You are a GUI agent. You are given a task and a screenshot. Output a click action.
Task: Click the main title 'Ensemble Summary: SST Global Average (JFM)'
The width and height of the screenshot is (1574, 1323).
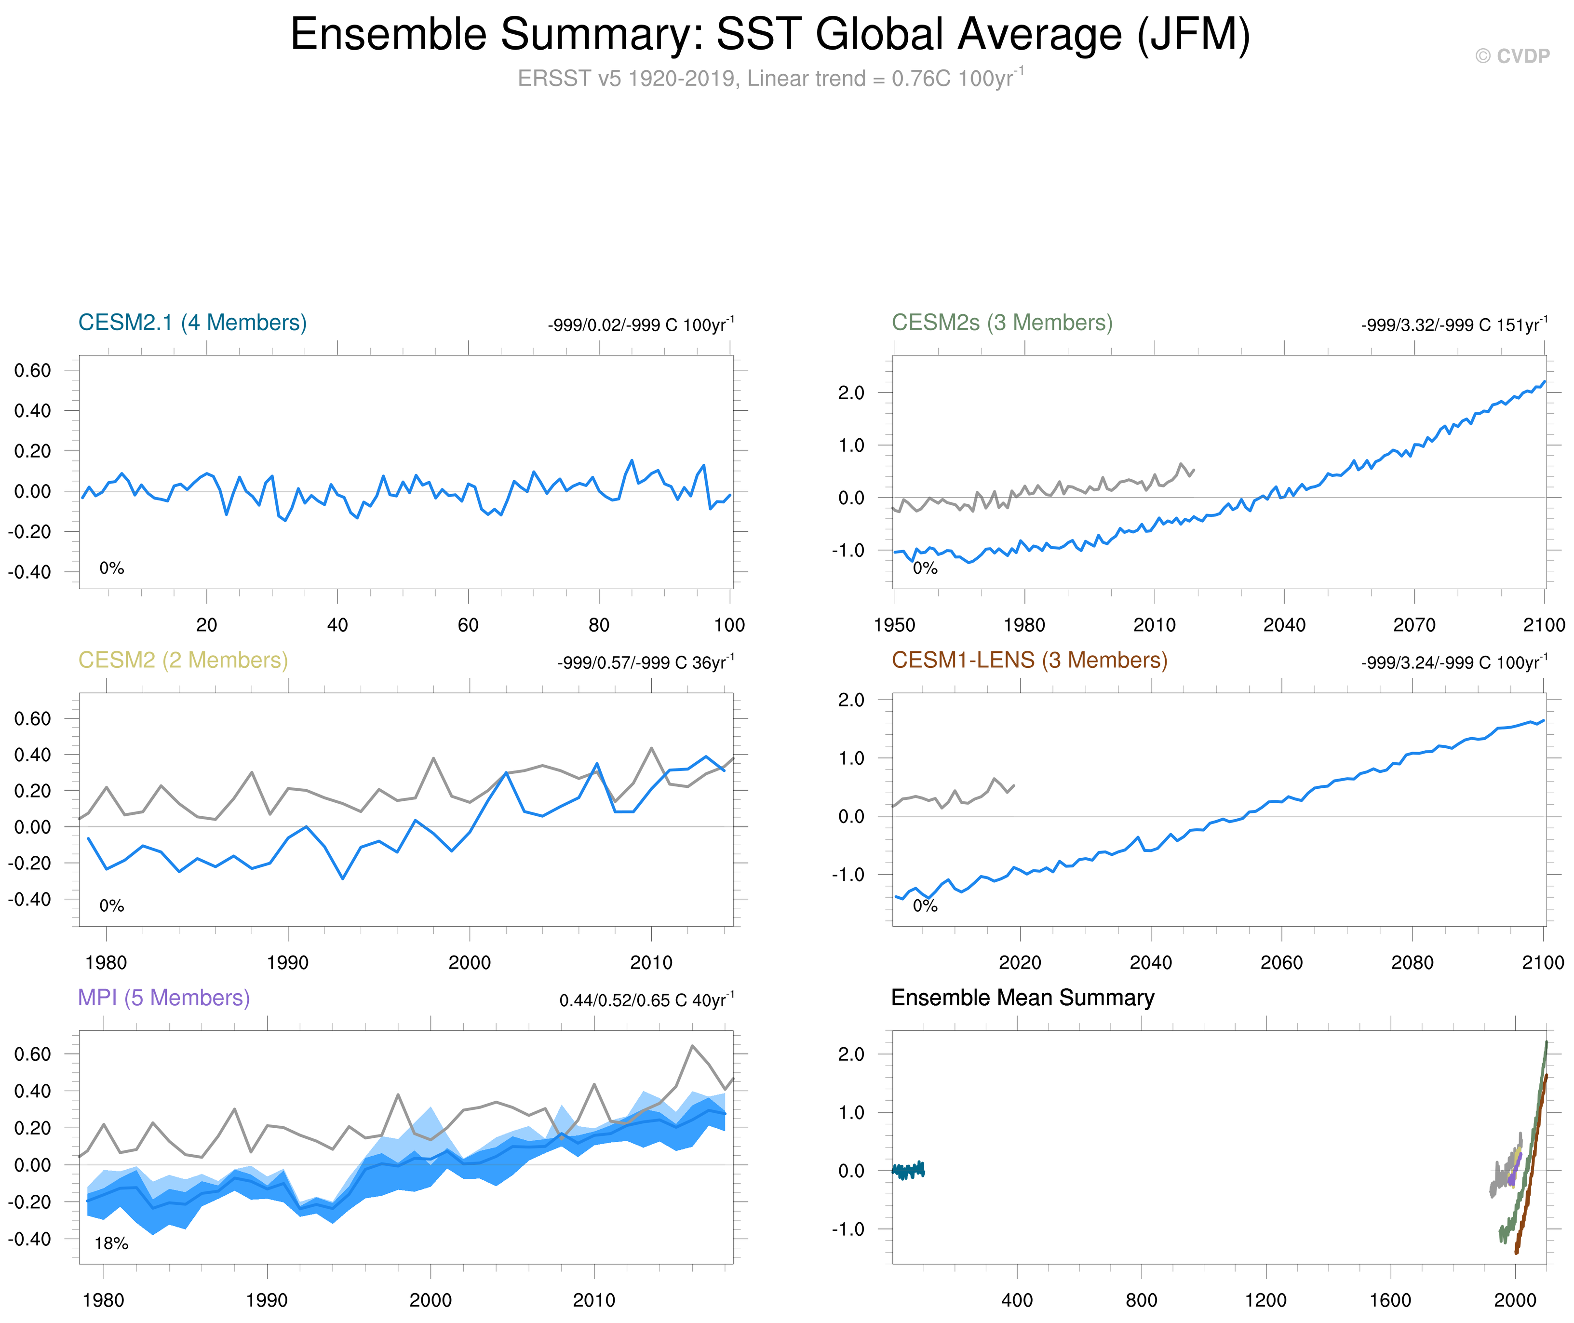(x=770, y=35)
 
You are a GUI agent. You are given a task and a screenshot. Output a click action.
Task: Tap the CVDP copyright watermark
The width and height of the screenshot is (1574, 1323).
(x=1512, y=56)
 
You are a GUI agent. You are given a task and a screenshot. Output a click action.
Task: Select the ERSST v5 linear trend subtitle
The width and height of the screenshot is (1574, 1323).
(x=770, y=78)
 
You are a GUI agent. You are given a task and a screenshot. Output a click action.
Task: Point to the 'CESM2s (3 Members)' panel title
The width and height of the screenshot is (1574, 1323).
(x=1002, y=323)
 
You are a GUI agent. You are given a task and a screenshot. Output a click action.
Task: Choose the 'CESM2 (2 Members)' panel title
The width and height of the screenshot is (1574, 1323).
(x=183, y=660)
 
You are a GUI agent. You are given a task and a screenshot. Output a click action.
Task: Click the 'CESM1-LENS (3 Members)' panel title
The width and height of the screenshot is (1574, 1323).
(x=1029, y=660)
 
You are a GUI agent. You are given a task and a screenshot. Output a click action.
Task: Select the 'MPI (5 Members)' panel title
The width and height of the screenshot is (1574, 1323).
(x=163, y=998)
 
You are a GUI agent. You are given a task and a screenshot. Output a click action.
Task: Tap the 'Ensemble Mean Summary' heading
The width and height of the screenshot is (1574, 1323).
(x=1022, y=998)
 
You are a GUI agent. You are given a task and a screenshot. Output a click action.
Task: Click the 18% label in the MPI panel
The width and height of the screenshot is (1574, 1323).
(x=111, y=1243)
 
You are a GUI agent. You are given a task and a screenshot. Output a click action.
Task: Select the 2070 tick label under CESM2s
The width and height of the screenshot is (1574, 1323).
(x=1414, y=625)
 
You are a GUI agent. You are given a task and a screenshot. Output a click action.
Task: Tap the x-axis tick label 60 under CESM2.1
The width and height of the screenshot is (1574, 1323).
(x=468, y=625)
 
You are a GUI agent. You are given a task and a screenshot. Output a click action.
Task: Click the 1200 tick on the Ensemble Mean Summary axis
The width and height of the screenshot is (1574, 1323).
(x=1266, y=1300)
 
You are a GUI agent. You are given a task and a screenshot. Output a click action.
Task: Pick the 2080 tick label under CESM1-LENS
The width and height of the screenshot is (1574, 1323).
(x=1412, y=962)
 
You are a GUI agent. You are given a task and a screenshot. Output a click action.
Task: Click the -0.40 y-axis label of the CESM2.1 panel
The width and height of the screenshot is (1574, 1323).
(x=30, y=572)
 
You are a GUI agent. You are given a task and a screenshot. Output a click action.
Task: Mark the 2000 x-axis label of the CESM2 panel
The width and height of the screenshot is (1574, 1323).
(x=470, y=962)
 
